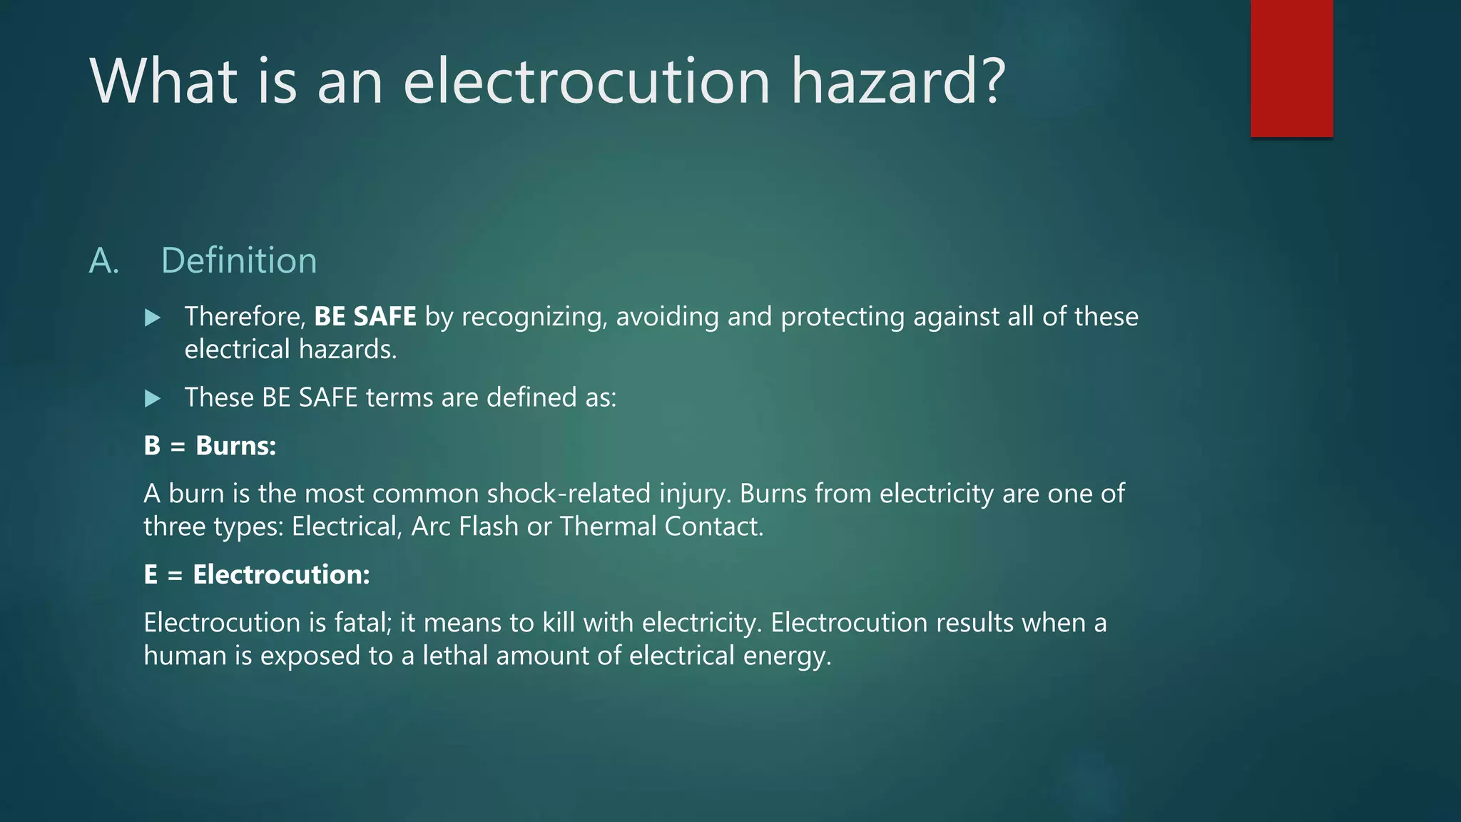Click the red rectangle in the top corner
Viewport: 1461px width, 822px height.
click(1291, 68)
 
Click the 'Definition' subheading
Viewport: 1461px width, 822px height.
click(239, 260)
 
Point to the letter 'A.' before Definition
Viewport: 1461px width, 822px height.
click(103, 261)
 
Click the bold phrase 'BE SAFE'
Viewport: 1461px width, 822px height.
click(365, 316)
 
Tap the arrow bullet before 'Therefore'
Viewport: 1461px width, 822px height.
click(152, 318)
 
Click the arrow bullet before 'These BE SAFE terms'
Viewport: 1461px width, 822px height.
click(152, 398)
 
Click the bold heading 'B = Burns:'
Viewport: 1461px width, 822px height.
click(210, 446)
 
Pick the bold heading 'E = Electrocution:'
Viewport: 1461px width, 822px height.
click(257, 574)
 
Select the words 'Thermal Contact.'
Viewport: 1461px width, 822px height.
click(661, 527)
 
